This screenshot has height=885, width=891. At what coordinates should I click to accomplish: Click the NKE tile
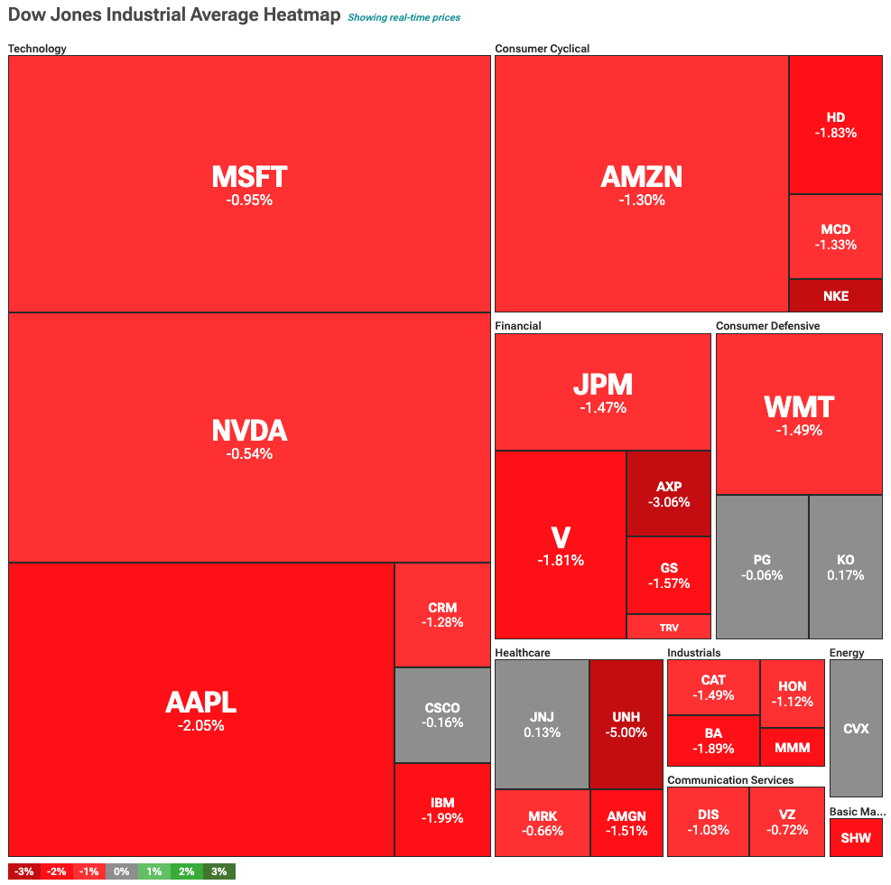coord(835,296)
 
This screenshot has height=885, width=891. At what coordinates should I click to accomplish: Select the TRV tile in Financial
coord(669,627)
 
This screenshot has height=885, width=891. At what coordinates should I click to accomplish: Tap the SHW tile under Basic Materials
coord(856,838)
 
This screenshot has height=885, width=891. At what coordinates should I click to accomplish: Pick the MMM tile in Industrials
coord(792,748)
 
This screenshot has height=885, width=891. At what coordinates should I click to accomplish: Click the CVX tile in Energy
coord(856,728)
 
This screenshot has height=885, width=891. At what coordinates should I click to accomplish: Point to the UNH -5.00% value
coord(626,732)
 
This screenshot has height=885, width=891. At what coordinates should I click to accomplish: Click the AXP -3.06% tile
coord(669,494)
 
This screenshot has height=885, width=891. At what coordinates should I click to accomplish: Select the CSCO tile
coord(442,715)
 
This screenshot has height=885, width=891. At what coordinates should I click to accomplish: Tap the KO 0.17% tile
coord(846,567)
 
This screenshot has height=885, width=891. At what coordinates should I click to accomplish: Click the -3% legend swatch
coord(24,871)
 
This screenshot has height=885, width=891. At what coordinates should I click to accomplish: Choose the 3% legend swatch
coord(219,871)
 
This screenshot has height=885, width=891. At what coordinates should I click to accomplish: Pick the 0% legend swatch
coord(122,871)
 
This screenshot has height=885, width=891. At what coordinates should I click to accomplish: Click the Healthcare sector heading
coord(523,653)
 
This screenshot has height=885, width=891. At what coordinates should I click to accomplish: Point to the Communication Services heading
coord(730,780)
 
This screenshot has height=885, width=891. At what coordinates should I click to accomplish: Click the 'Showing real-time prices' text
coord(404,17)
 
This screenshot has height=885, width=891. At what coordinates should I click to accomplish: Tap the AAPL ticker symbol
coord(200,702)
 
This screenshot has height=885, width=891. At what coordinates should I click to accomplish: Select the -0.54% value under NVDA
coord(249,453)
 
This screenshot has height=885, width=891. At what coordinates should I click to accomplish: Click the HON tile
coord(792,694)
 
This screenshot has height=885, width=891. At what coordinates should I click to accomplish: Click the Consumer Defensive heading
coord(767,325)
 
